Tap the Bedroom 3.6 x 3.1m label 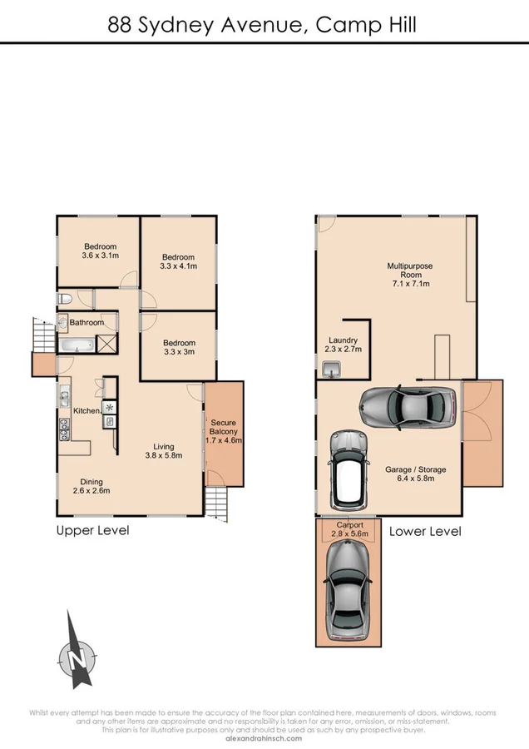(100, 250)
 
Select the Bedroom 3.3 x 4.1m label (179, 260)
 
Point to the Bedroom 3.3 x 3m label (179, 347)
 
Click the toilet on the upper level (64, 300)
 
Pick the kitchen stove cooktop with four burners (63, 428)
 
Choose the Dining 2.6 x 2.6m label (91, 486)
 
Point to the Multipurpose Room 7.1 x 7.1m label (409, 275)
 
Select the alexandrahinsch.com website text (264, 737)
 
